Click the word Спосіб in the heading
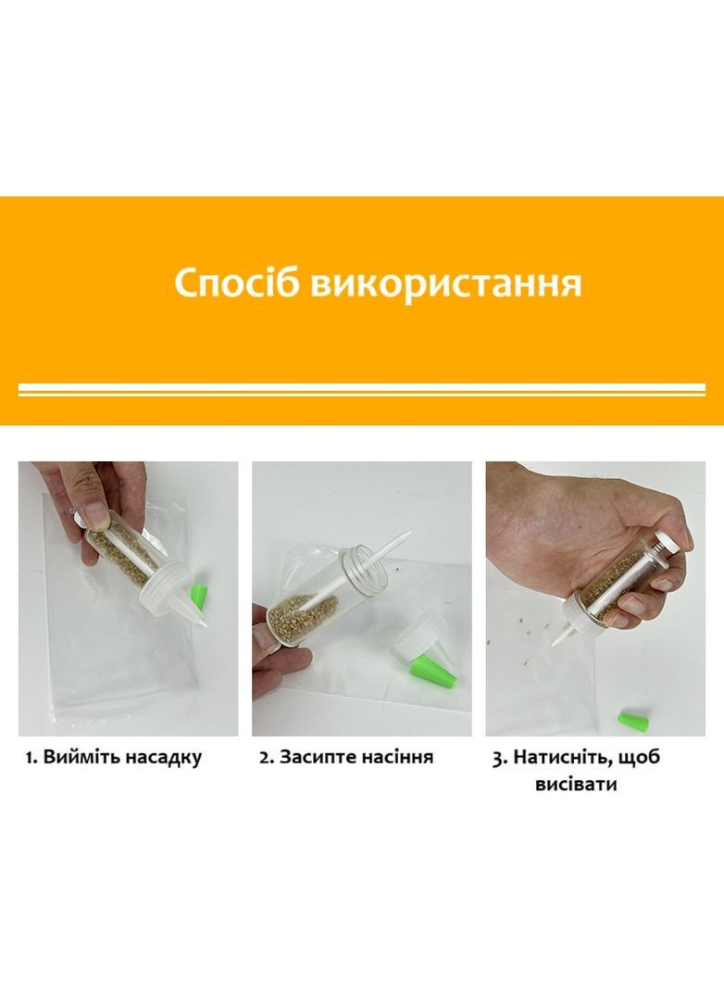click(238, 283)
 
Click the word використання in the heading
click(446, 283)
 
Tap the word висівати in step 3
click(575, 784)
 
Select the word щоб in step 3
click(638, 757)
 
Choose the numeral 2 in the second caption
click(264, 758)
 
